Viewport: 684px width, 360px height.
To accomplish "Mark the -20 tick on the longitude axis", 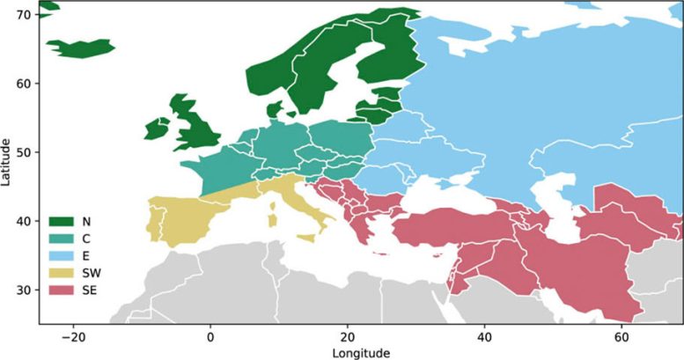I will (x=73, y=336).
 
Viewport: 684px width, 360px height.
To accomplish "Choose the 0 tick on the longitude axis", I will (x=210, y=336).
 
